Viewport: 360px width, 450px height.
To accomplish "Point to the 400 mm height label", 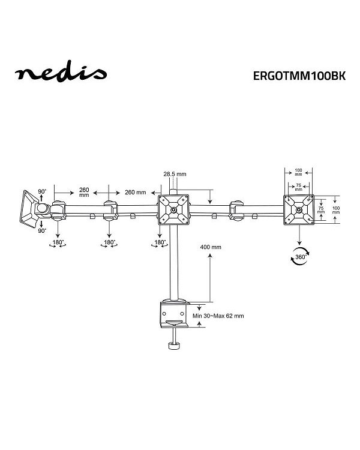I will pos(212,247).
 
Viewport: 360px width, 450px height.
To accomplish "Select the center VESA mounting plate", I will pos(173,210).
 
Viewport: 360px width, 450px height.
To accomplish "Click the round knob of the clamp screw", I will pos(176,346).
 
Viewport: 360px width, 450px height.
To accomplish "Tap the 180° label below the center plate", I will pos(160,243).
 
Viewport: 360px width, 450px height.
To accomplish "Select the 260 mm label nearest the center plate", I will pos(135,193).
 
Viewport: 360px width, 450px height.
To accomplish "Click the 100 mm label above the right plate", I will pos(298,172).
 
